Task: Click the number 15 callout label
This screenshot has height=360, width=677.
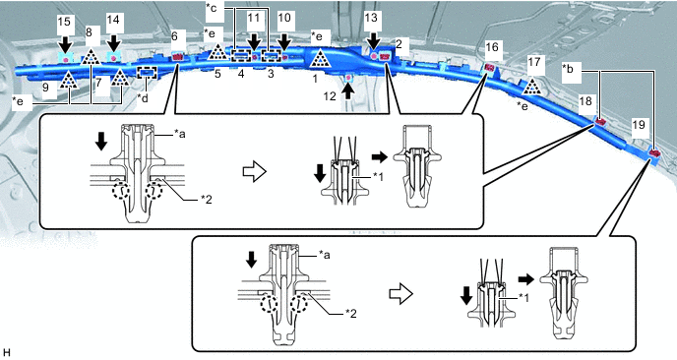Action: click(x=64, y=22)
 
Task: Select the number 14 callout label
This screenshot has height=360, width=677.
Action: click(x=113, y=20)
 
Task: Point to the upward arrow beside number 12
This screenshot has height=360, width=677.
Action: click(x=349, y=91)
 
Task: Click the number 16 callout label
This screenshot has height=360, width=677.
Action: click(x=492, y=46)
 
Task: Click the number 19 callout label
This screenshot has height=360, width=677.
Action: click(x=639, y=125)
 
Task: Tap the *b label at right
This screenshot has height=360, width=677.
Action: click(x=570, y=68)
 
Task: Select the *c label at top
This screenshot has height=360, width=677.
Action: click(x=212, y=8)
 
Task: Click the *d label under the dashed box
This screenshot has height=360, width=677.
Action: click(x=143, y=98)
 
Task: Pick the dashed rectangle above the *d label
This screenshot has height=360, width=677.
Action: click(x=147, y=73)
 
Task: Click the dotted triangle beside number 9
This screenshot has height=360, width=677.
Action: click(x=68, y=81)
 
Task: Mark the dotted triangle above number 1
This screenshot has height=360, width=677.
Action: click(x=320, y=59)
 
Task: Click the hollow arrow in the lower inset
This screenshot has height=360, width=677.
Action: click(x=401, y=293)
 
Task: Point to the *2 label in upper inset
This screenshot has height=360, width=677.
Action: click(x=206, y=200)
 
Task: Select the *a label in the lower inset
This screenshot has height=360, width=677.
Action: click(x=325, y=255)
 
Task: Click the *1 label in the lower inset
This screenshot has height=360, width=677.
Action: click(x=523, y=297)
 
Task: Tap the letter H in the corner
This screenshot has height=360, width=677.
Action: click(x=7, y=353)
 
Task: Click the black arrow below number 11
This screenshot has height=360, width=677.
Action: click(x=255, y=42)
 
